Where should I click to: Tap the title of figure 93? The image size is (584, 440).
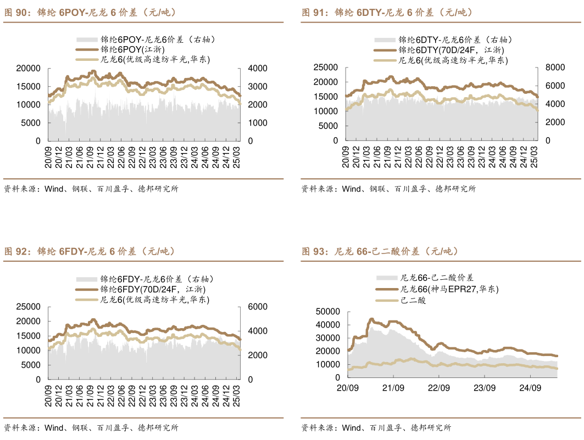[380, 252]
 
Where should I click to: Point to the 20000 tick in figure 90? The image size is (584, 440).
[29, 69]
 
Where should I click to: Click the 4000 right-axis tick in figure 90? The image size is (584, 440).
[258, 69]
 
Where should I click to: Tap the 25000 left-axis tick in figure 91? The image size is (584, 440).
[326, 67]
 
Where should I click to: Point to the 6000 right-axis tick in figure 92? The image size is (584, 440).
[258, 307]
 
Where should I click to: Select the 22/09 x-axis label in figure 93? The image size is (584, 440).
[438, 387]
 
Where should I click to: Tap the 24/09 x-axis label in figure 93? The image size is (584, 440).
[530, 387]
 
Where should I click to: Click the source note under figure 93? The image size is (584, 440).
[376, 428]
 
